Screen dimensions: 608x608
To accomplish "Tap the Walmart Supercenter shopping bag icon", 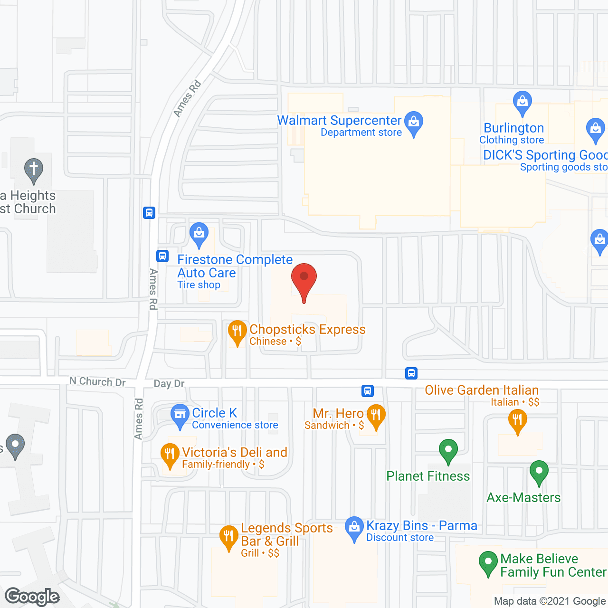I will [x=414, y=123].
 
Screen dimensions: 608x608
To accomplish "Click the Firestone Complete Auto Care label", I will [x=235, y=266].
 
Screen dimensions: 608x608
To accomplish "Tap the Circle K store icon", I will [x=180, y=416].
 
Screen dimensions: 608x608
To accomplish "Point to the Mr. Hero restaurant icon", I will [x=376, y=416].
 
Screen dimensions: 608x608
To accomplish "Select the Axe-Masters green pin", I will [x=539, y=472].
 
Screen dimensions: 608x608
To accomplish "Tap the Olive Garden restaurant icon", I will [x=517, y=421].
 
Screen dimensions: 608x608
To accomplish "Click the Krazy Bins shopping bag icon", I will [x=354, y=528].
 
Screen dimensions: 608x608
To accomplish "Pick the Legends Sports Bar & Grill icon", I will [x=228, y=537].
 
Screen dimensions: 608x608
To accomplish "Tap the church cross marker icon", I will [x=34, y=170].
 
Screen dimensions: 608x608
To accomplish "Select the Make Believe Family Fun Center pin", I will [x=488, y=562].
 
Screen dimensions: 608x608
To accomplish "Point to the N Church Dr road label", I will [x=97, y=381].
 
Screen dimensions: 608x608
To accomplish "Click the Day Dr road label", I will [x=169, y=384].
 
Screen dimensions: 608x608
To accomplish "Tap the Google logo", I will [x=32, y=597].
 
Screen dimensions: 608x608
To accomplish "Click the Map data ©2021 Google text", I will [x=550, y=601].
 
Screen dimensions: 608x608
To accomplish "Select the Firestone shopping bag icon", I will [x=199, y=234].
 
